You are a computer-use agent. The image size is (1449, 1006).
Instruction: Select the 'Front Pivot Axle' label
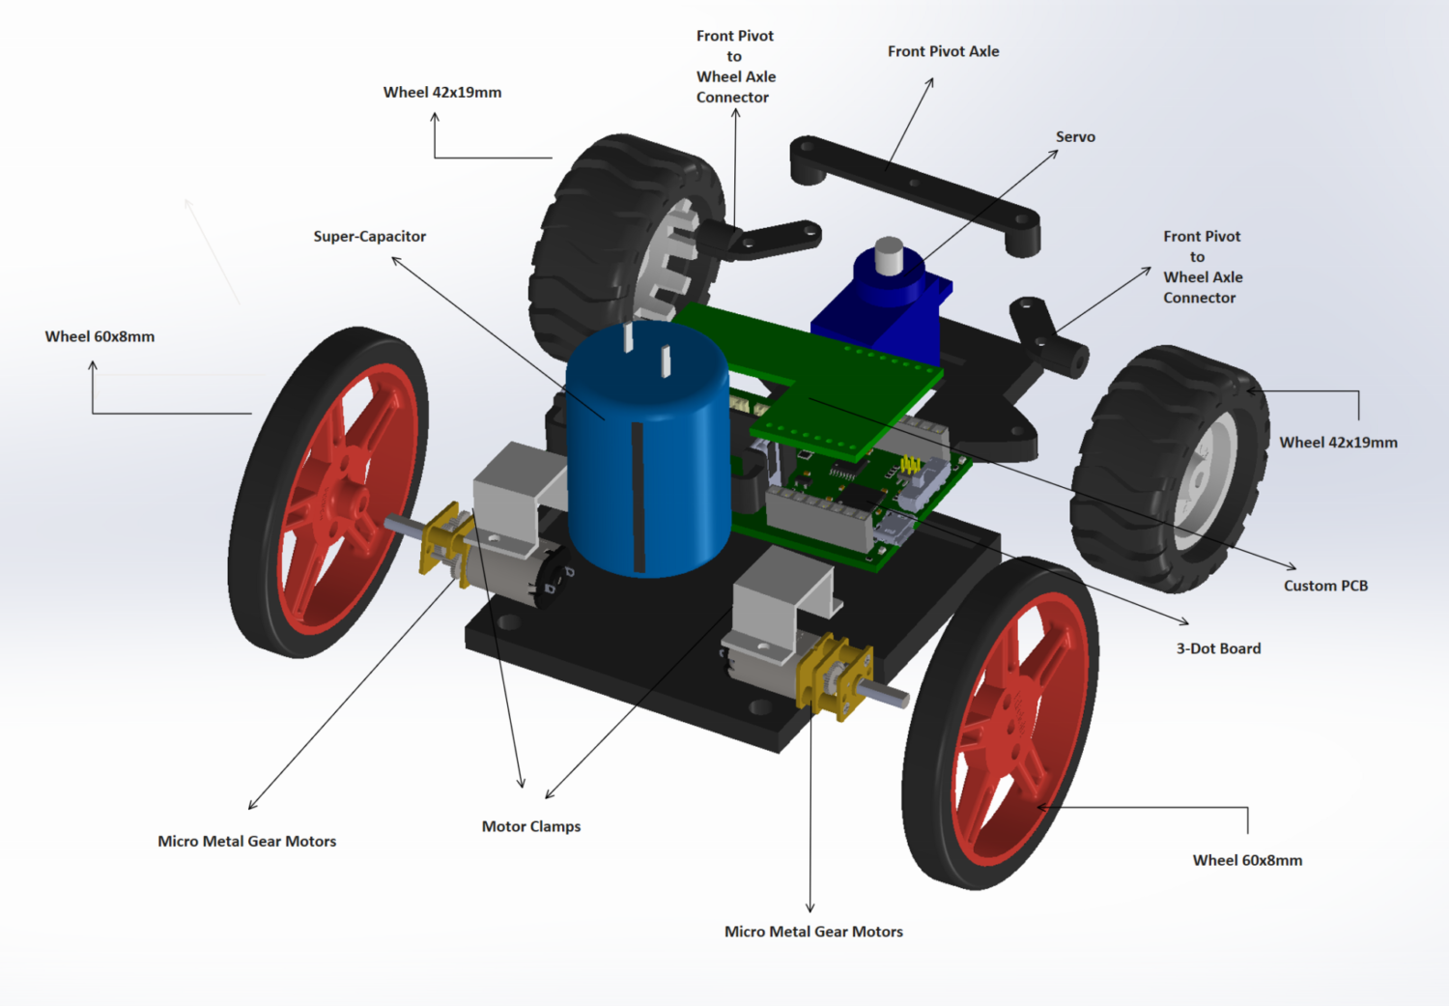point(943,51)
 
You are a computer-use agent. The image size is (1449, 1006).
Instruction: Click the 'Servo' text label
point(1075,137)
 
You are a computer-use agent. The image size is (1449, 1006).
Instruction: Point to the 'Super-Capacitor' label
point(369,237)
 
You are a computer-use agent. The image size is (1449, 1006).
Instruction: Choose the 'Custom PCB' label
point(1325,586)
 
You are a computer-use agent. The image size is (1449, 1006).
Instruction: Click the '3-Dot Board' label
point(1218,648)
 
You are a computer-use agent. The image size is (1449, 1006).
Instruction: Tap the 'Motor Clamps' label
point(531,826)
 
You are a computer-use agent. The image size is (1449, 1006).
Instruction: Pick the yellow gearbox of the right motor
point(833,676)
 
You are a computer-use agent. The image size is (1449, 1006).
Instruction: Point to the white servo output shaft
point(889,256)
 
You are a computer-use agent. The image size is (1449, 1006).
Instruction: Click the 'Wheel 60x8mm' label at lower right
point(1247,860)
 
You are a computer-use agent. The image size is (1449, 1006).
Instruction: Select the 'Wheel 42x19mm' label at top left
point(442,93)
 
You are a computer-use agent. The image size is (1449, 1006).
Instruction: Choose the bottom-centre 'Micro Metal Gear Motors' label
point(813,932)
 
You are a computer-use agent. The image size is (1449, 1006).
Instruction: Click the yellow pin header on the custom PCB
point(909,466)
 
